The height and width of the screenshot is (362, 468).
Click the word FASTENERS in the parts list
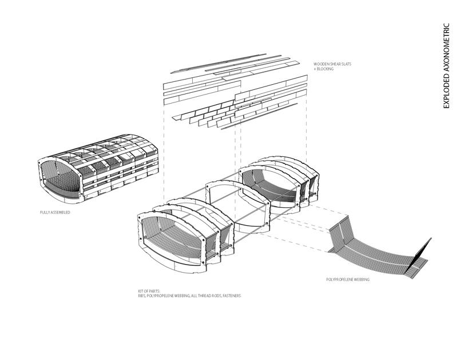coord(230,296)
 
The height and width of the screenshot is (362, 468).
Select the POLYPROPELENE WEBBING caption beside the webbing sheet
coord(347,280)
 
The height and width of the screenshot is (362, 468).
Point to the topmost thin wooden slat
coord(229,64)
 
